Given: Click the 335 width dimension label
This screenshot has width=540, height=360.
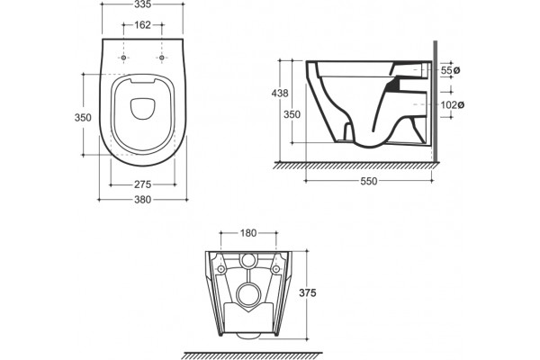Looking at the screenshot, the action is point(142,4).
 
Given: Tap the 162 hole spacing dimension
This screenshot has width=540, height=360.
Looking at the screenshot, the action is point(142,25).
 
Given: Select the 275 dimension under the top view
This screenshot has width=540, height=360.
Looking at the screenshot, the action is point(142,184).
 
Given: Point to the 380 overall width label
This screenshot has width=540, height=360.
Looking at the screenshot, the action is point(142,200).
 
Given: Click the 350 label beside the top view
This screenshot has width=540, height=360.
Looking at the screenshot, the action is point(83,118).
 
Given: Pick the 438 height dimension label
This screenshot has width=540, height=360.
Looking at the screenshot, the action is point(280,93).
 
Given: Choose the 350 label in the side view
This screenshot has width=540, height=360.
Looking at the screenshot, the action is point(292,114).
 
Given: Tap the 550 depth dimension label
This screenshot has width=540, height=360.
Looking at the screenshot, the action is point(369,181).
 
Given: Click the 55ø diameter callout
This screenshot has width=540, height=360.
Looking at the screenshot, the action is point(451,70).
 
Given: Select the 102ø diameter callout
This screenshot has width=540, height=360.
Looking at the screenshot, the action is point(453,104).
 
